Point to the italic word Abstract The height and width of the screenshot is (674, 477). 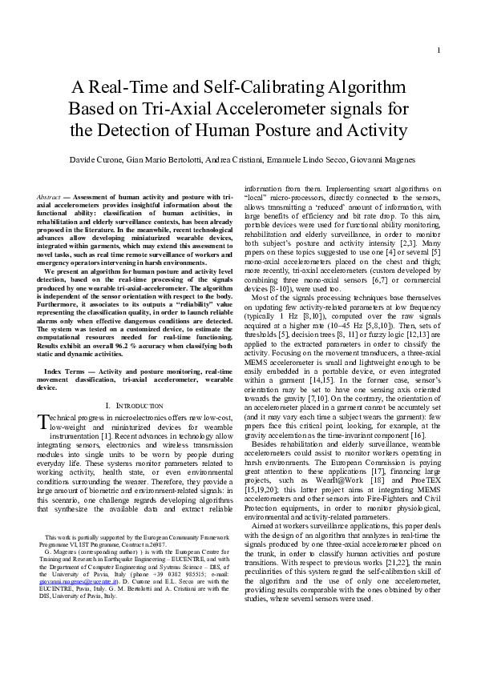coord(52,196)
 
